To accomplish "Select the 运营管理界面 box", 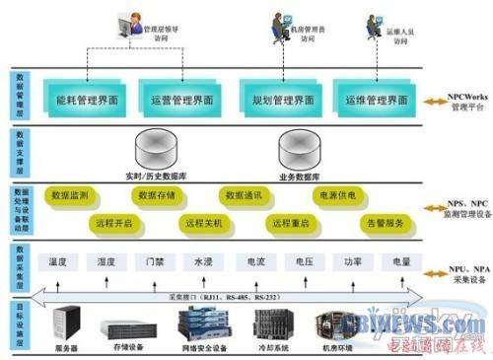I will [182, 101].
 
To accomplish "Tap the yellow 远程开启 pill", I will [112, 223].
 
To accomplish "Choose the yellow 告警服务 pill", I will [386, 223].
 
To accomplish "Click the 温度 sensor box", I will [57, 262].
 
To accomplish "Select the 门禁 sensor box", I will [154, 262].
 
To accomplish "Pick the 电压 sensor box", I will [303, 262].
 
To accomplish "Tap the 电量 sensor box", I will [400, 262].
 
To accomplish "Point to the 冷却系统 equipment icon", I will [274, 324].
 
